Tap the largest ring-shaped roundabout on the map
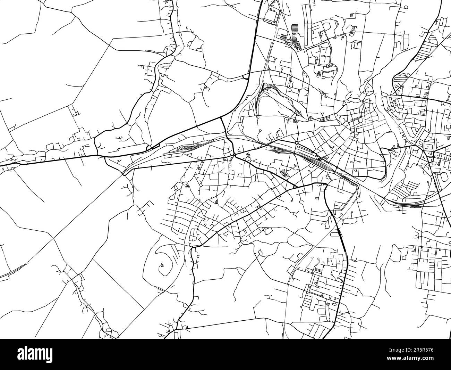pos(297,143)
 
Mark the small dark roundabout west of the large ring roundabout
pos(235,155)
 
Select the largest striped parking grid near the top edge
pos(296,33)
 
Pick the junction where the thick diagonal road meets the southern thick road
pos(295,188)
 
